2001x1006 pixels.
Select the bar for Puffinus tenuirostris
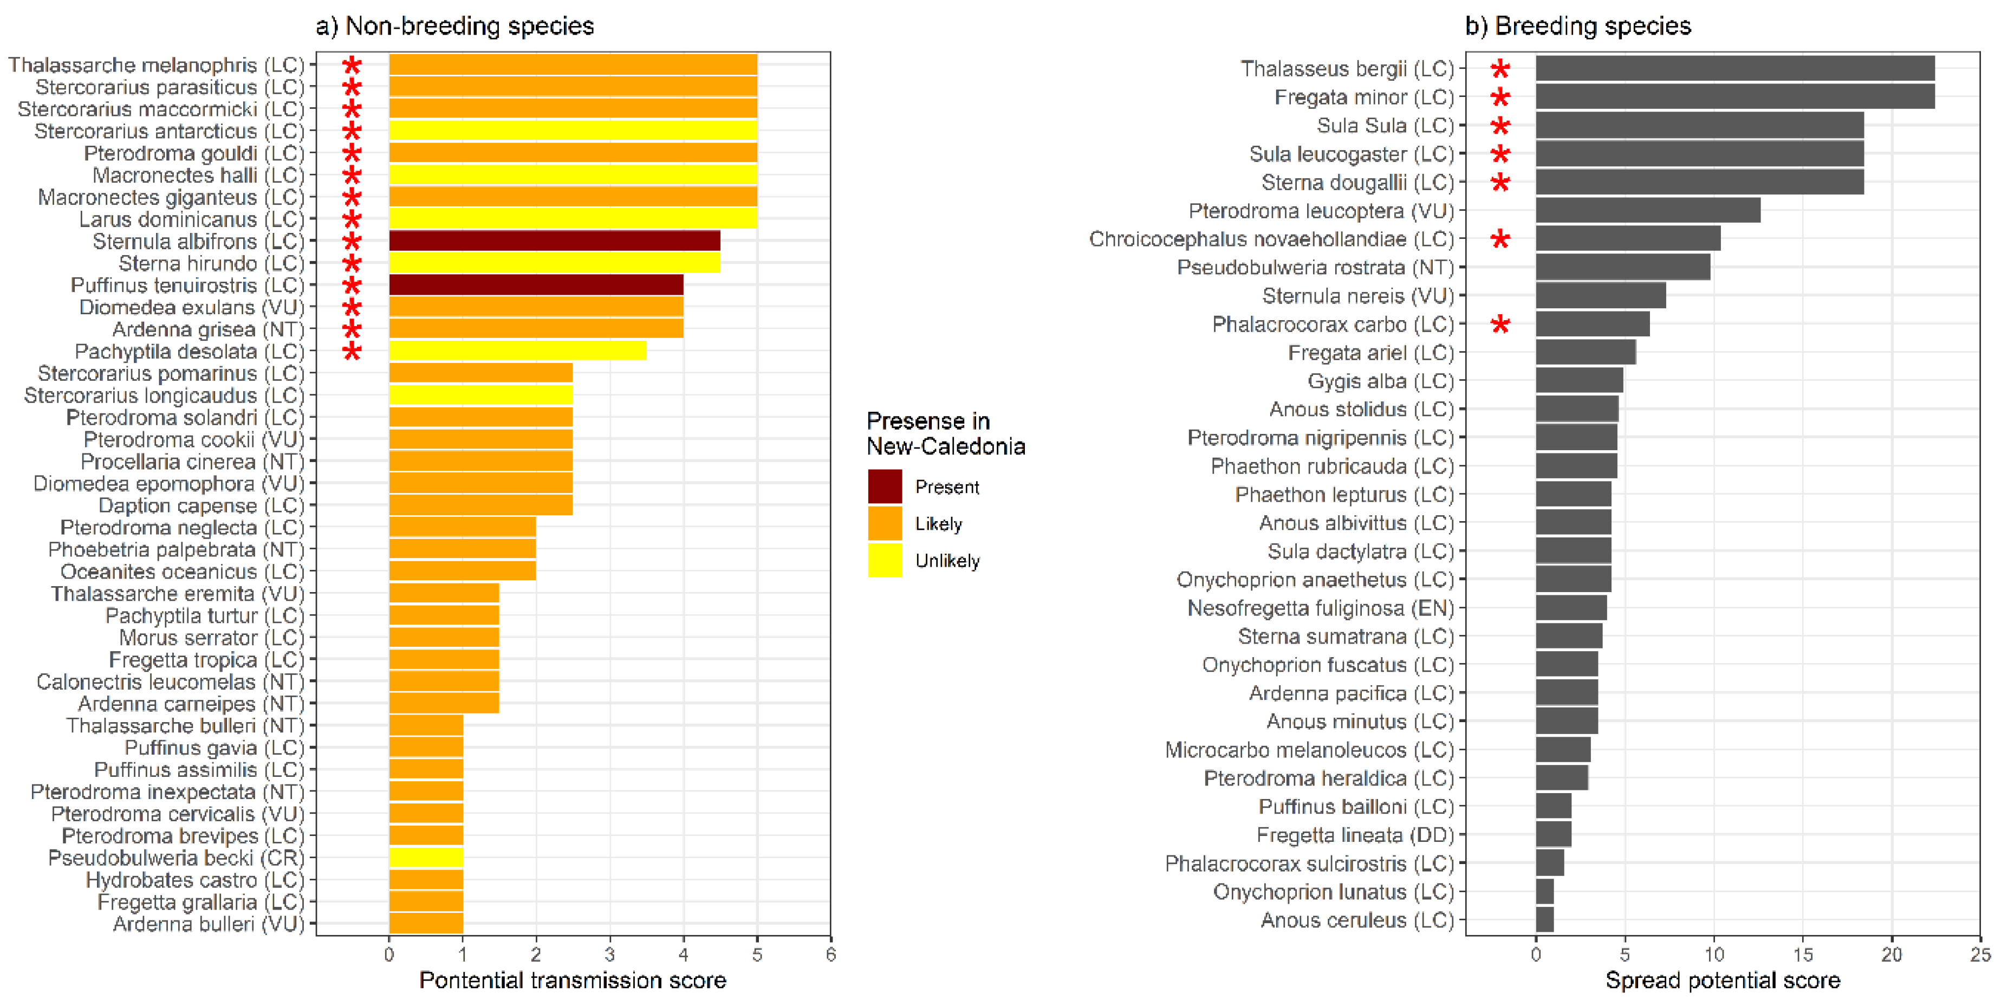tap(536, 285)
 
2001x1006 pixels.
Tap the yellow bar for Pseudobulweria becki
tap(426, 858)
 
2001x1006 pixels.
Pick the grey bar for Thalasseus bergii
tap(1734, 68)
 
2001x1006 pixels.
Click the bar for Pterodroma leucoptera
tap(1648, 211)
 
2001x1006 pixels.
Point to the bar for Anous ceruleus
tap(1544, 920)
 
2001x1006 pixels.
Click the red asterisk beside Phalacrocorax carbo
tap(1500, 324)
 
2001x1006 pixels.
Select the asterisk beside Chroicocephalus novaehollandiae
tap(1500, 239)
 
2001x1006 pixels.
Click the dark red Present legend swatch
tap(885, 486)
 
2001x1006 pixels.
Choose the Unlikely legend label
tap(947, 561)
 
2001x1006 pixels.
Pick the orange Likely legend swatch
tap(885, 524)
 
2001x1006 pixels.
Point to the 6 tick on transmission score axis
tap(830, 955)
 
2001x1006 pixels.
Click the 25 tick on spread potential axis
tap(1980, 955)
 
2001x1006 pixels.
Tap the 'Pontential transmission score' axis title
tap(573, 981)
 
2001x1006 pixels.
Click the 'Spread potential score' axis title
tap(1722, 981)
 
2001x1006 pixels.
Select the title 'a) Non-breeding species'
tap(454, 27)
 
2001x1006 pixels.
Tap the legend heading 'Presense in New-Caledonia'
tap(945, 433)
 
